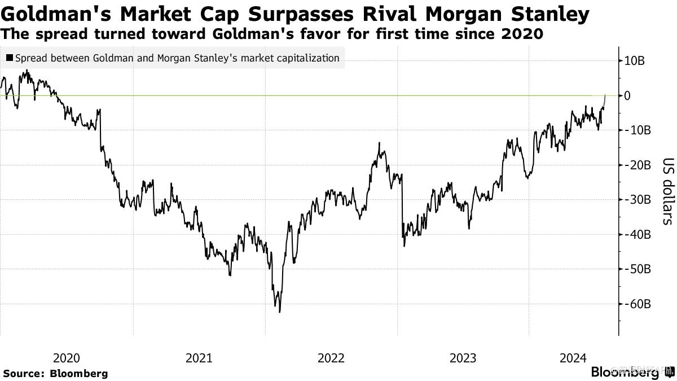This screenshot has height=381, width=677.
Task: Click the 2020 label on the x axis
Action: tap(67, 358)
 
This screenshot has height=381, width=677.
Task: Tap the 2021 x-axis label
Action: tap(199, 358)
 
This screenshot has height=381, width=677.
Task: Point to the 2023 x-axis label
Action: tap(463, 358)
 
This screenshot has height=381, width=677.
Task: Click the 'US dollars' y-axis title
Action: tap(667, 190)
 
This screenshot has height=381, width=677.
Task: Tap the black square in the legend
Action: tap(11, 58)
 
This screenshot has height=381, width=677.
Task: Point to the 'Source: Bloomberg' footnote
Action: tap(55, 373)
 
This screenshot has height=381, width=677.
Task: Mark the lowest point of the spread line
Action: tap(279, 312)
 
